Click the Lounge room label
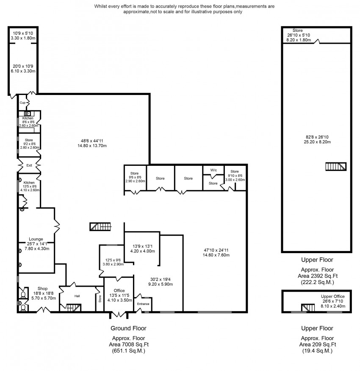36,239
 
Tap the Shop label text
42,288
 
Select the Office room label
119,290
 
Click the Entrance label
143,304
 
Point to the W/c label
213,170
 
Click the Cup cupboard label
22,103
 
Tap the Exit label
29,165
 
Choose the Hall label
77,296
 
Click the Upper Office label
332,296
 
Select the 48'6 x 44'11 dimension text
92,141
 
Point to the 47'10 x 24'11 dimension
216,250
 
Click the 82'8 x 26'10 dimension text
317,137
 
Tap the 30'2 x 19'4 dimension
160,279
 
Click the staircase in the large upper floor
336,166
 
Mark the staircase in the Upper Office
308,307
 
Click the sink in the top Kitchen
27,114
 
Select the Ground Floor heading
128,328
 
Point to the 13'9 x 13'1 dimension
142,246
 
